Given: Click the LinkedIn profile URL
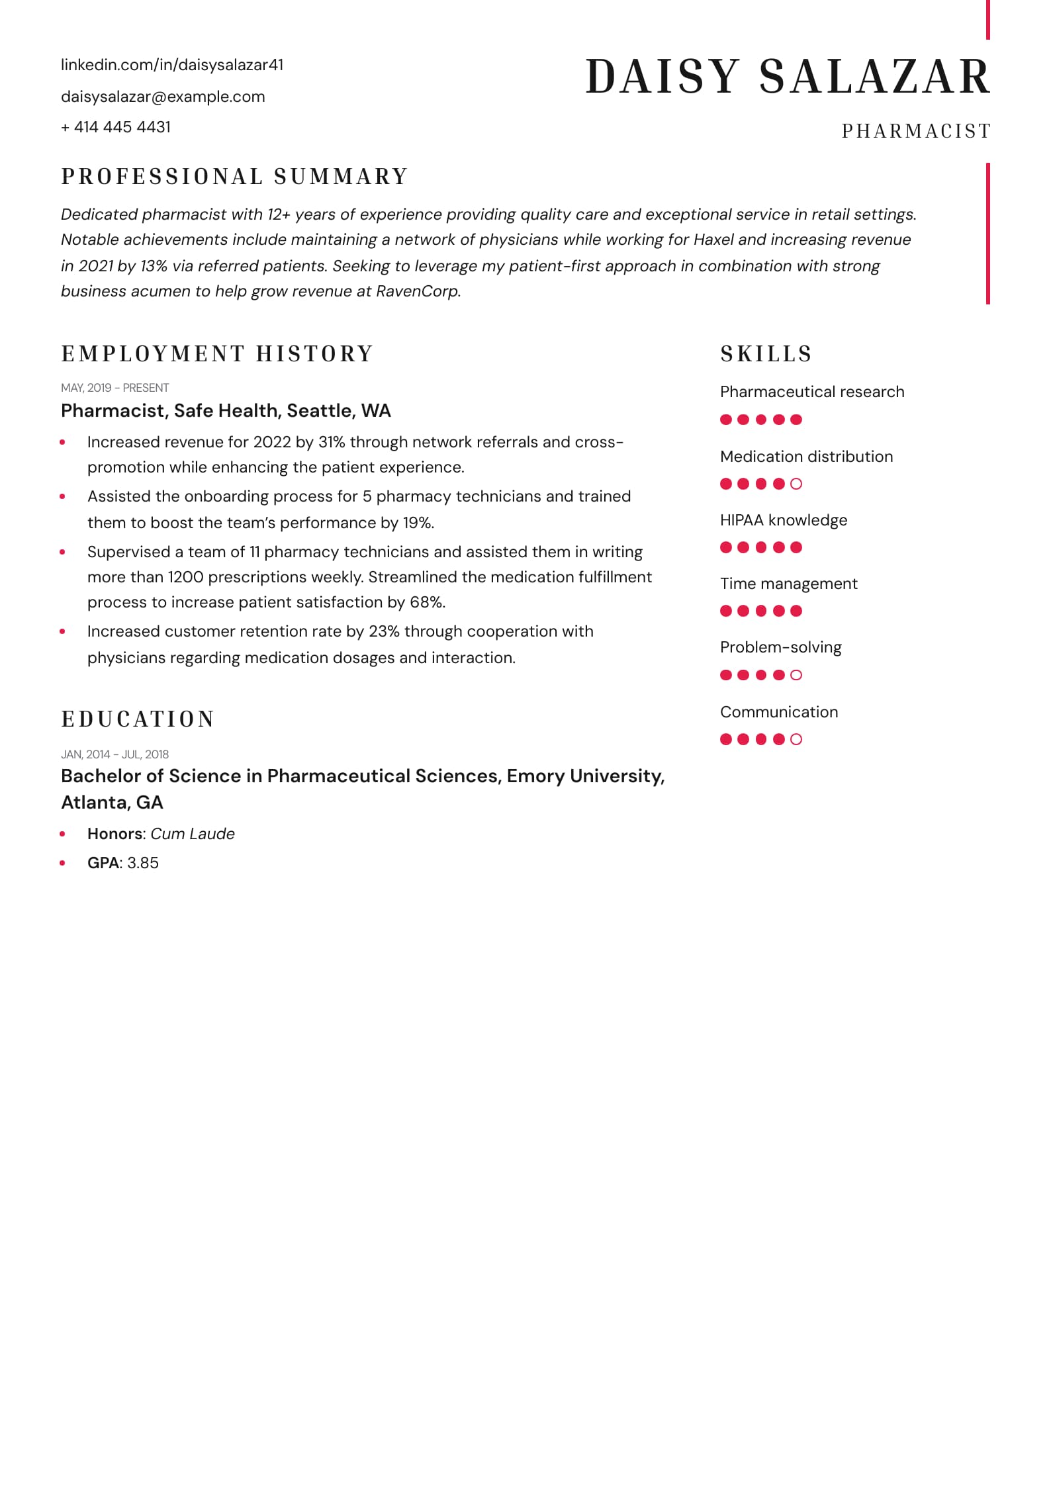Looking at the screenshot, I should click(172, 65).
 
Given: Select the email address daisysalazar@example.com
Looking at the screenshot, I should click(163, 97).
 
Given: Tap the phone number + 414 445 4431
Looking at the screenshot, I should click(116, 127).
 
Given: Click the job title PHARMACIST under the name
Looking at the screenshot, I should click(916, 131).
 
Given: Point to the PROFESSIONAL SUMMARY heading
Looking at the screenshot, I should click(234, 177).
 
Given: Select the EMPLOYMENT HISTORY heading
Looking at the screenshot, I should click(218, 354).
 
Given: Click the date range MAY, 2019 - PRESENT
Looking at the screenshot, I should click(114, 388).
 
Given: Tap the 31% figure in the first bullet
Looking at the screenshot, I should click(332, 442).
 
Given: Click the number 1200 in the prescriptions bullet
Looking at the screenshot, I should click(185, 577).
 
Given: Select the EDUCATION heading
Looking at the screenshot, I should click(138, 719).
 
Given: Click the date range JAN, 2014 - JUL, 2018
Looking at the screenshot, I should click(114, 754).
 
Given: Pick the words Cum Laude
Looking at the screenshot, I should click(193, 834).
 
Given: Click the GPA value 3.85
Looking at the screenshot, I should click(143, 863).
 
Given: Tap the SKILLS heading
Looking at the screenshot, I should click(766, 354).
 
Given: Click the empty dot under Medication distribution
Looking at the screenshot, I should click(796, 484).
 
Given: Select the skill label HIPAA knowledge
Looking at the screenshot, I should click(783, 520).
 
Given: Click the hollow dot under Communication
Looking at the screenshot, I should click(796, 739).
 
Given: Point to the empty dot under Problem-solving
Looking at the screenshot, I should click(796, 675).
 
